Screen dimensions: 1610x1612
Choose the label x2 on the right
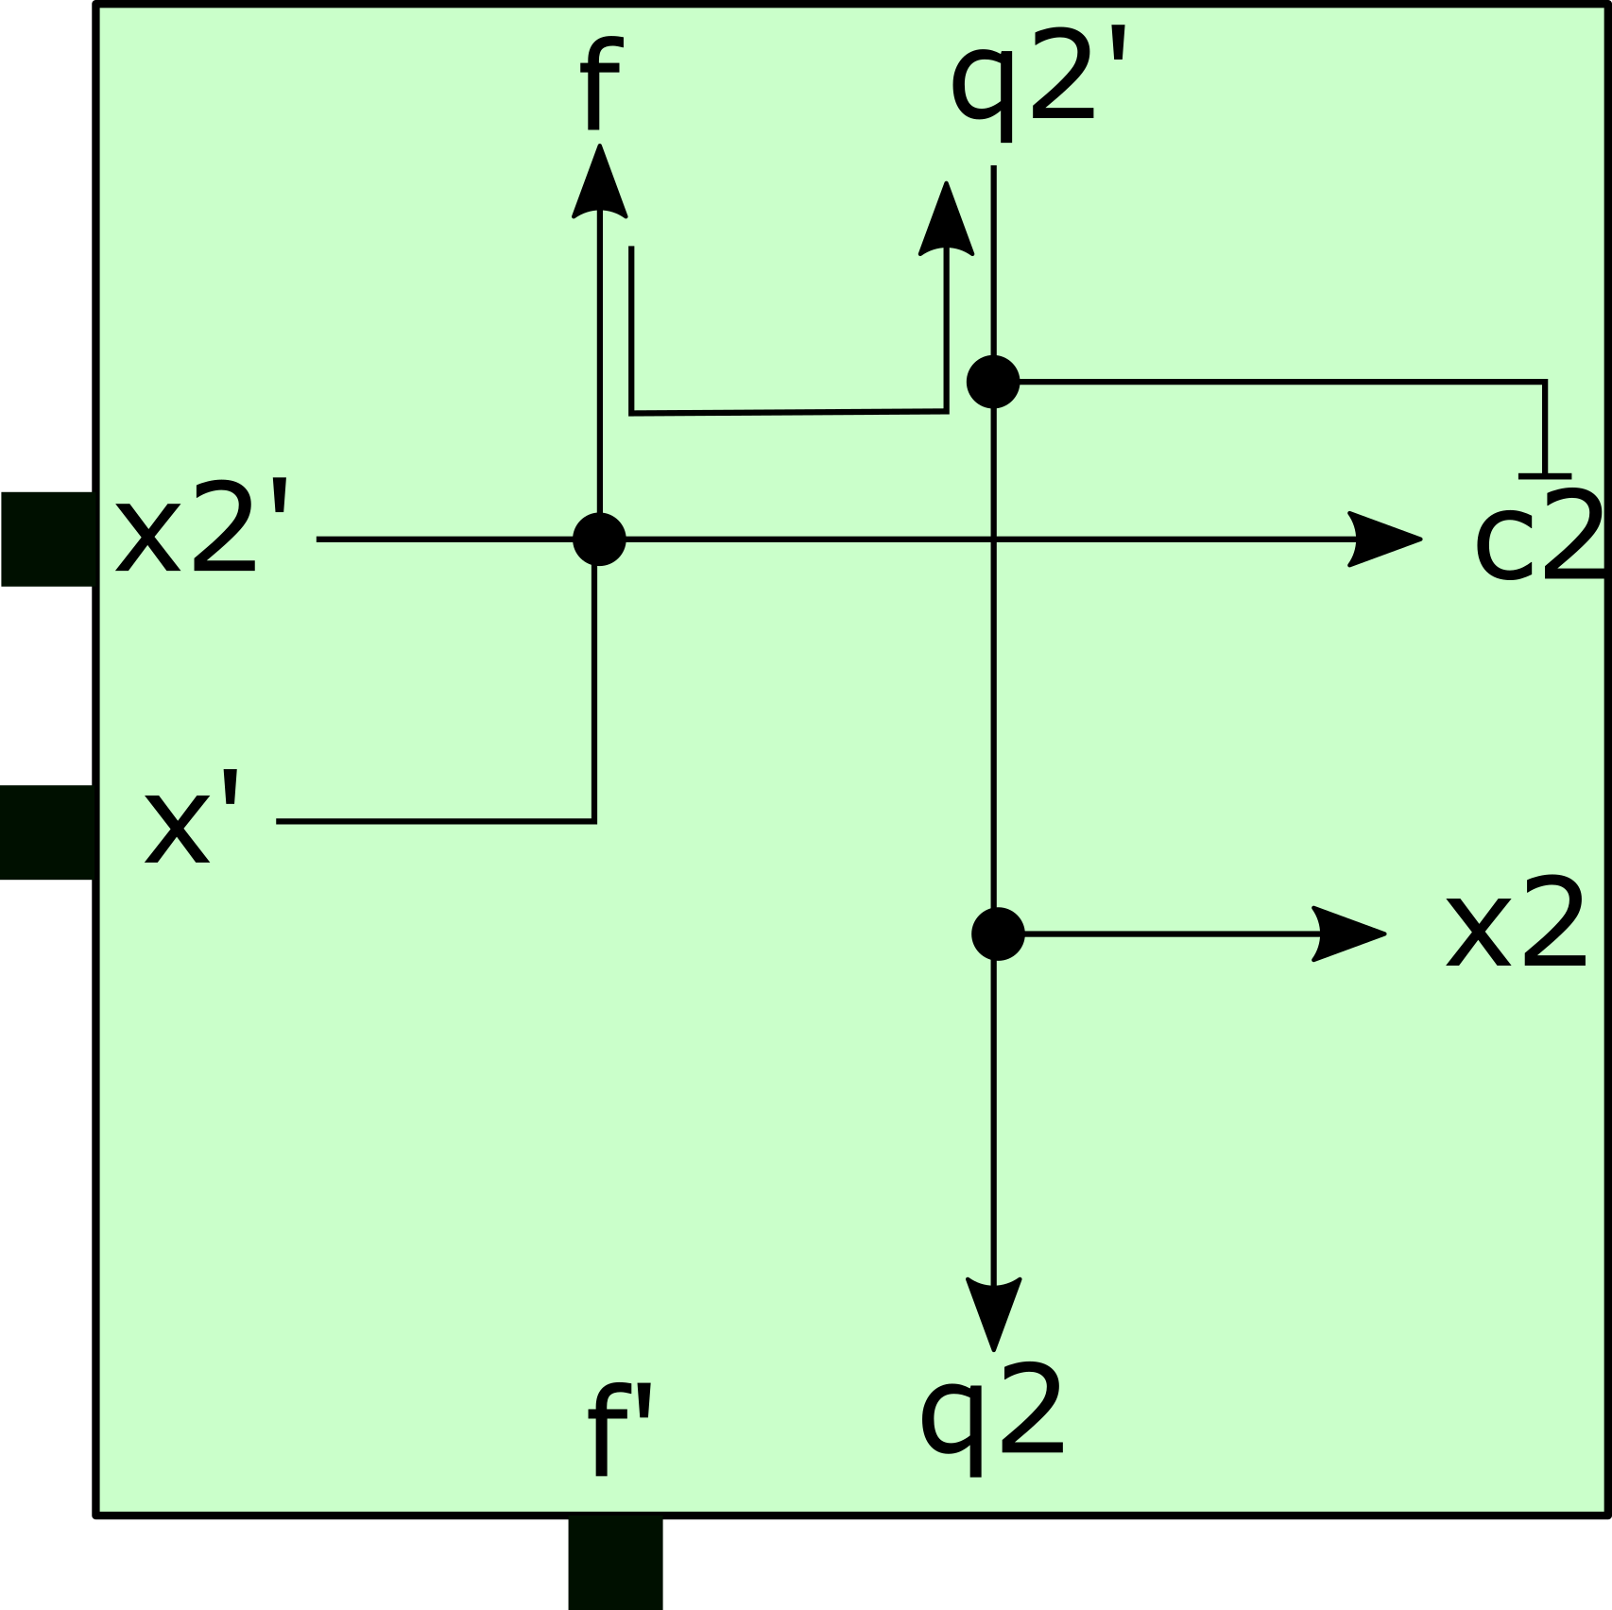point(1516,924)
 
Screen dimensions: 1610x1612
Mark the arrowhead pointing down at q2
point(993,1312)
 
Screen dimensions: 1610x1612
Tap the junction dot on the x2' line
point(599,540)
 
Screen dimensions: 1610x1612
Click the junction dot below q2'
point(993,382)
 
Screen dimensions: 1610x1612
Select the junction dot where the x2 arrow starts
point(998,933)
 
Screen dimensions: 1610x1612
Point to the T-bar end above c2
point(1545,475)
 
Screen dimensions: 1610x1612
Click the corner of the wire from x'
point(594,821)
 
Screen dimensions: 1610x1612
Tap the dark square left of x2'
point(48,539)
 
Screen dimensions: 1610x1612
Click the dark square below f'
point(615,1562)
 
